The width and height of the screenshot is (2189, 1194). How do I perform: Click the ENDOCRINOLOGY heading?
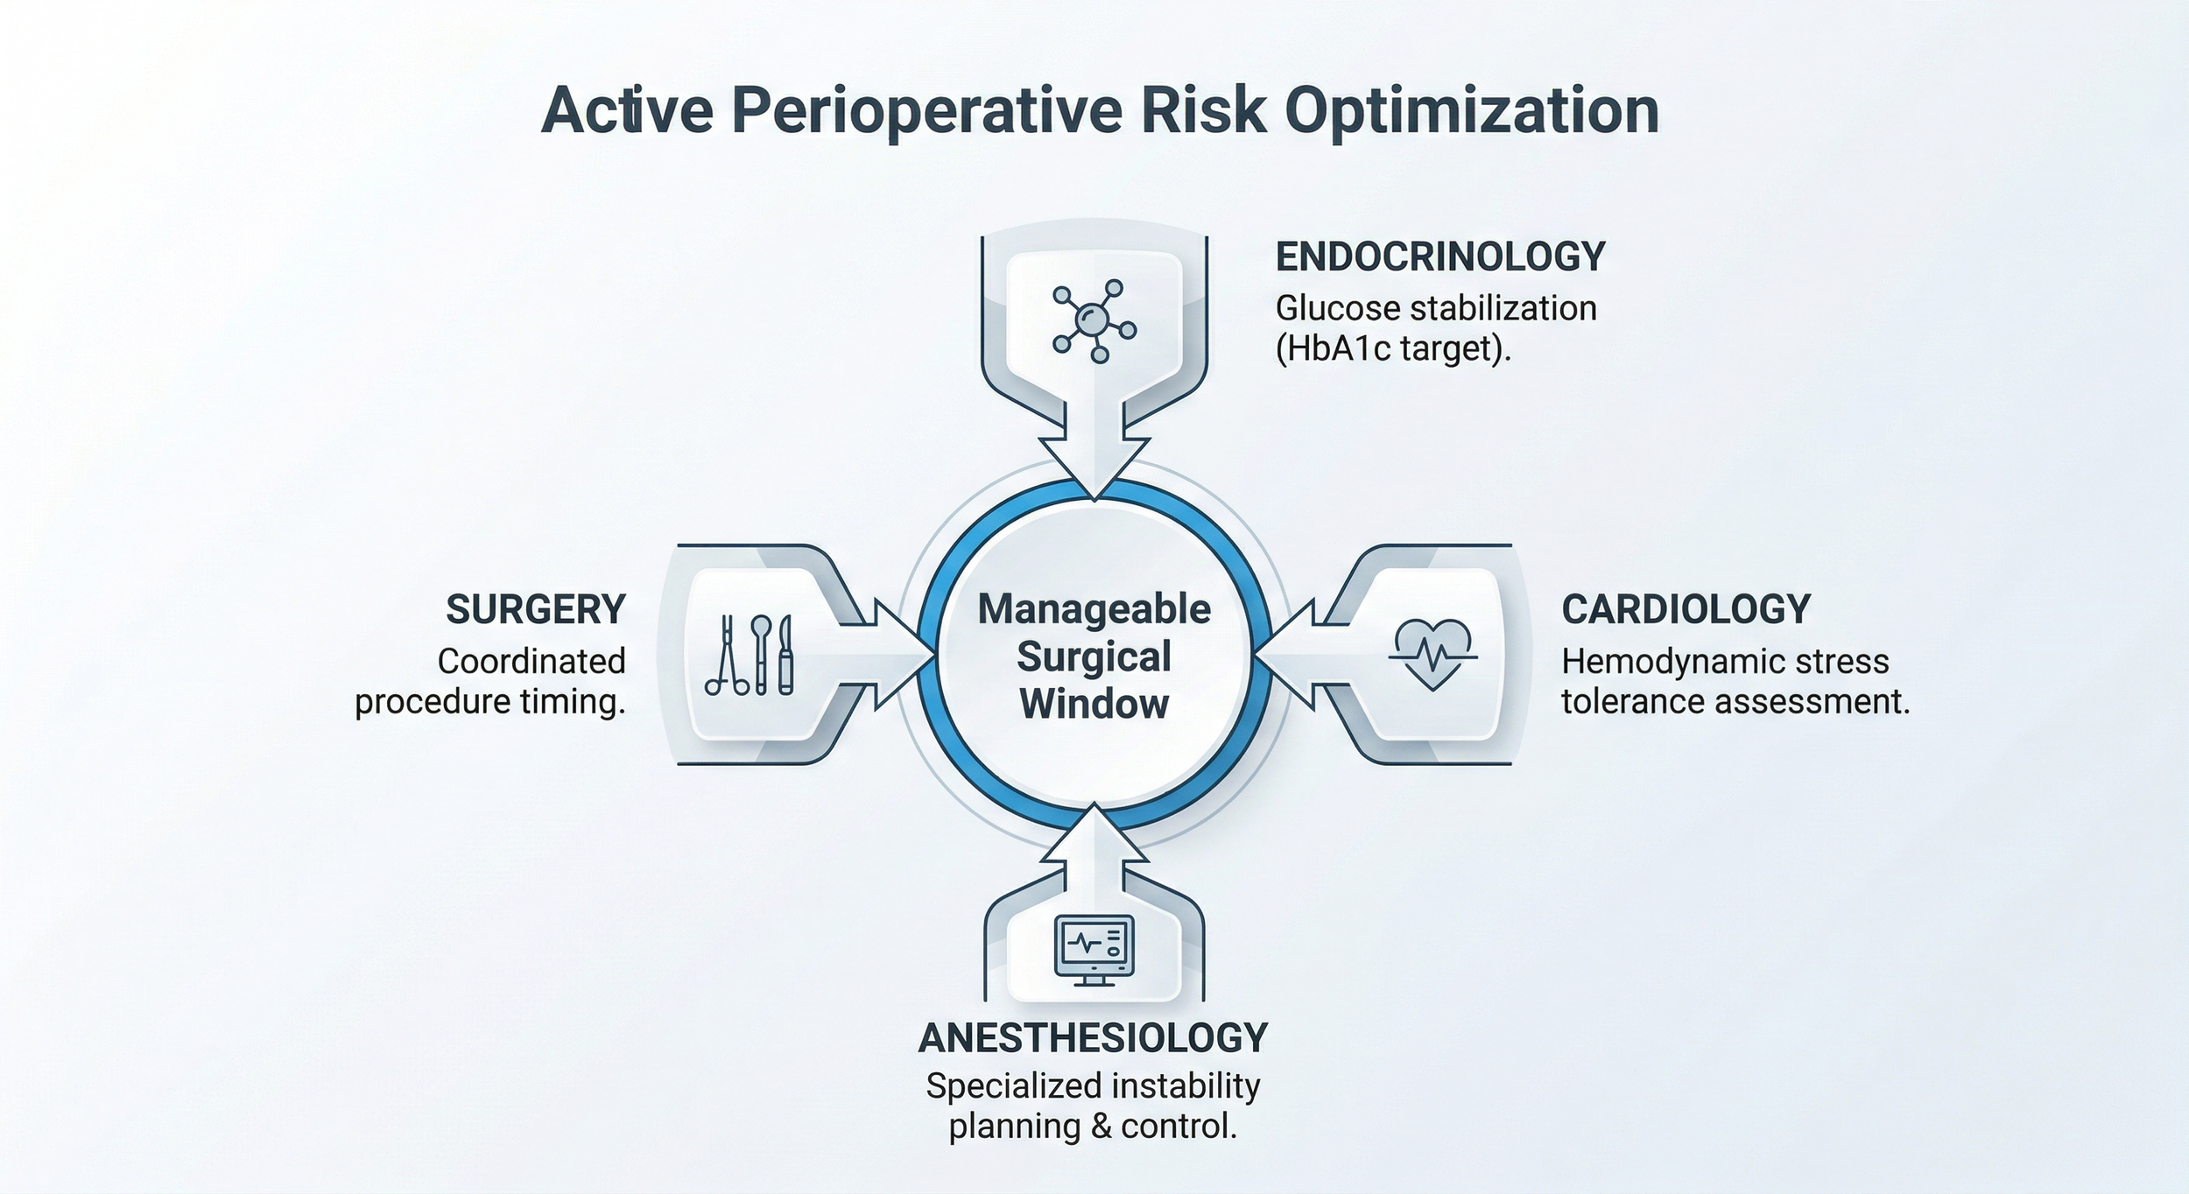pos(1440,257)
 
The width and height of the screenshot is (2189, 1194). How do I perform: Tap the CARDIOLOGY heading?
pos(1686,609)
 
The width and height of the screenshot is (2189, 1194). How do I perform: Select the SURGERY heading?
pos(536,609)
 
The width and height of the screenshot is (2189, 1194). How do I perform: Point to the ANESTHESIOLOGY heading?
pos(1094,1038)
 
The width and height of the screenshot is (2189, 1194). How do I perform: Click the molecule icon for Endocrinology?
pos(1094,320)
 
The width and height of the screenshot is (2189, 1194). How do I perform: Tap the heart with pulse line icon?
pos(1432,655)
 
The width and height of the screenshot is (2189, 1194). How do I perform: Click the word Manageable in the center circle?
pos(1094,609)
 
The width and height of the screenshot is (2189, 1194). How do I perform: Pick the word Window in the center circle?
pos(1094,704)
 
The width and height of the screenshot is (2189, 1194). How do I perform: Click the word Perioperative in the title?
pos(926,111)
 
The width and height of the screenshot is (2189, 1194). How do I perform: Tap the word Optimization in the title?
pos(1472,111)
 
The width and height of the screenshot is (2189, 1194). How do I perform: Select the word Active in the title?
pos(627,111)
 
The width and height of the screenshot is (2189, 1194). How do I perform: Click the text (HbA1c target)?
pos(1393,348)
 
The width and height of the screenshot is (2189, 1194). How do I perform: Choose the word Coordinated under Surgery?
pos(531,662)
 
